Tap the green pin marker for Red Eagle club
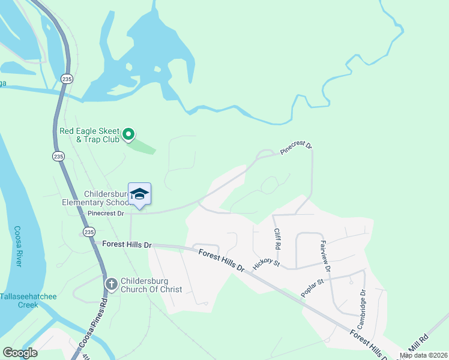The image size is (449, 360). (128, 134)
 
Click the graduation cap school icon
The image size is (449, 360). (139, 194)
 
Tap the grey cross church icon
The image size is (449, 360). (111, 284)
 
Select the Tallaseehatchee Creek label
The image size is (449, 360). (19, 300)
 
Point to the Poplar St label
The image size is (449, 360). (313, 287)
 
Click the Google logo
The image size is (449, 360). (20, 353)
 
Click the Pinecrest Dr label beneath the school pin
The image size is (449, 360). (105, 213)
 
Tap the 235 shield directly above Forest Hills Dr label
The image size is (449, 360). (89, 232)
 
